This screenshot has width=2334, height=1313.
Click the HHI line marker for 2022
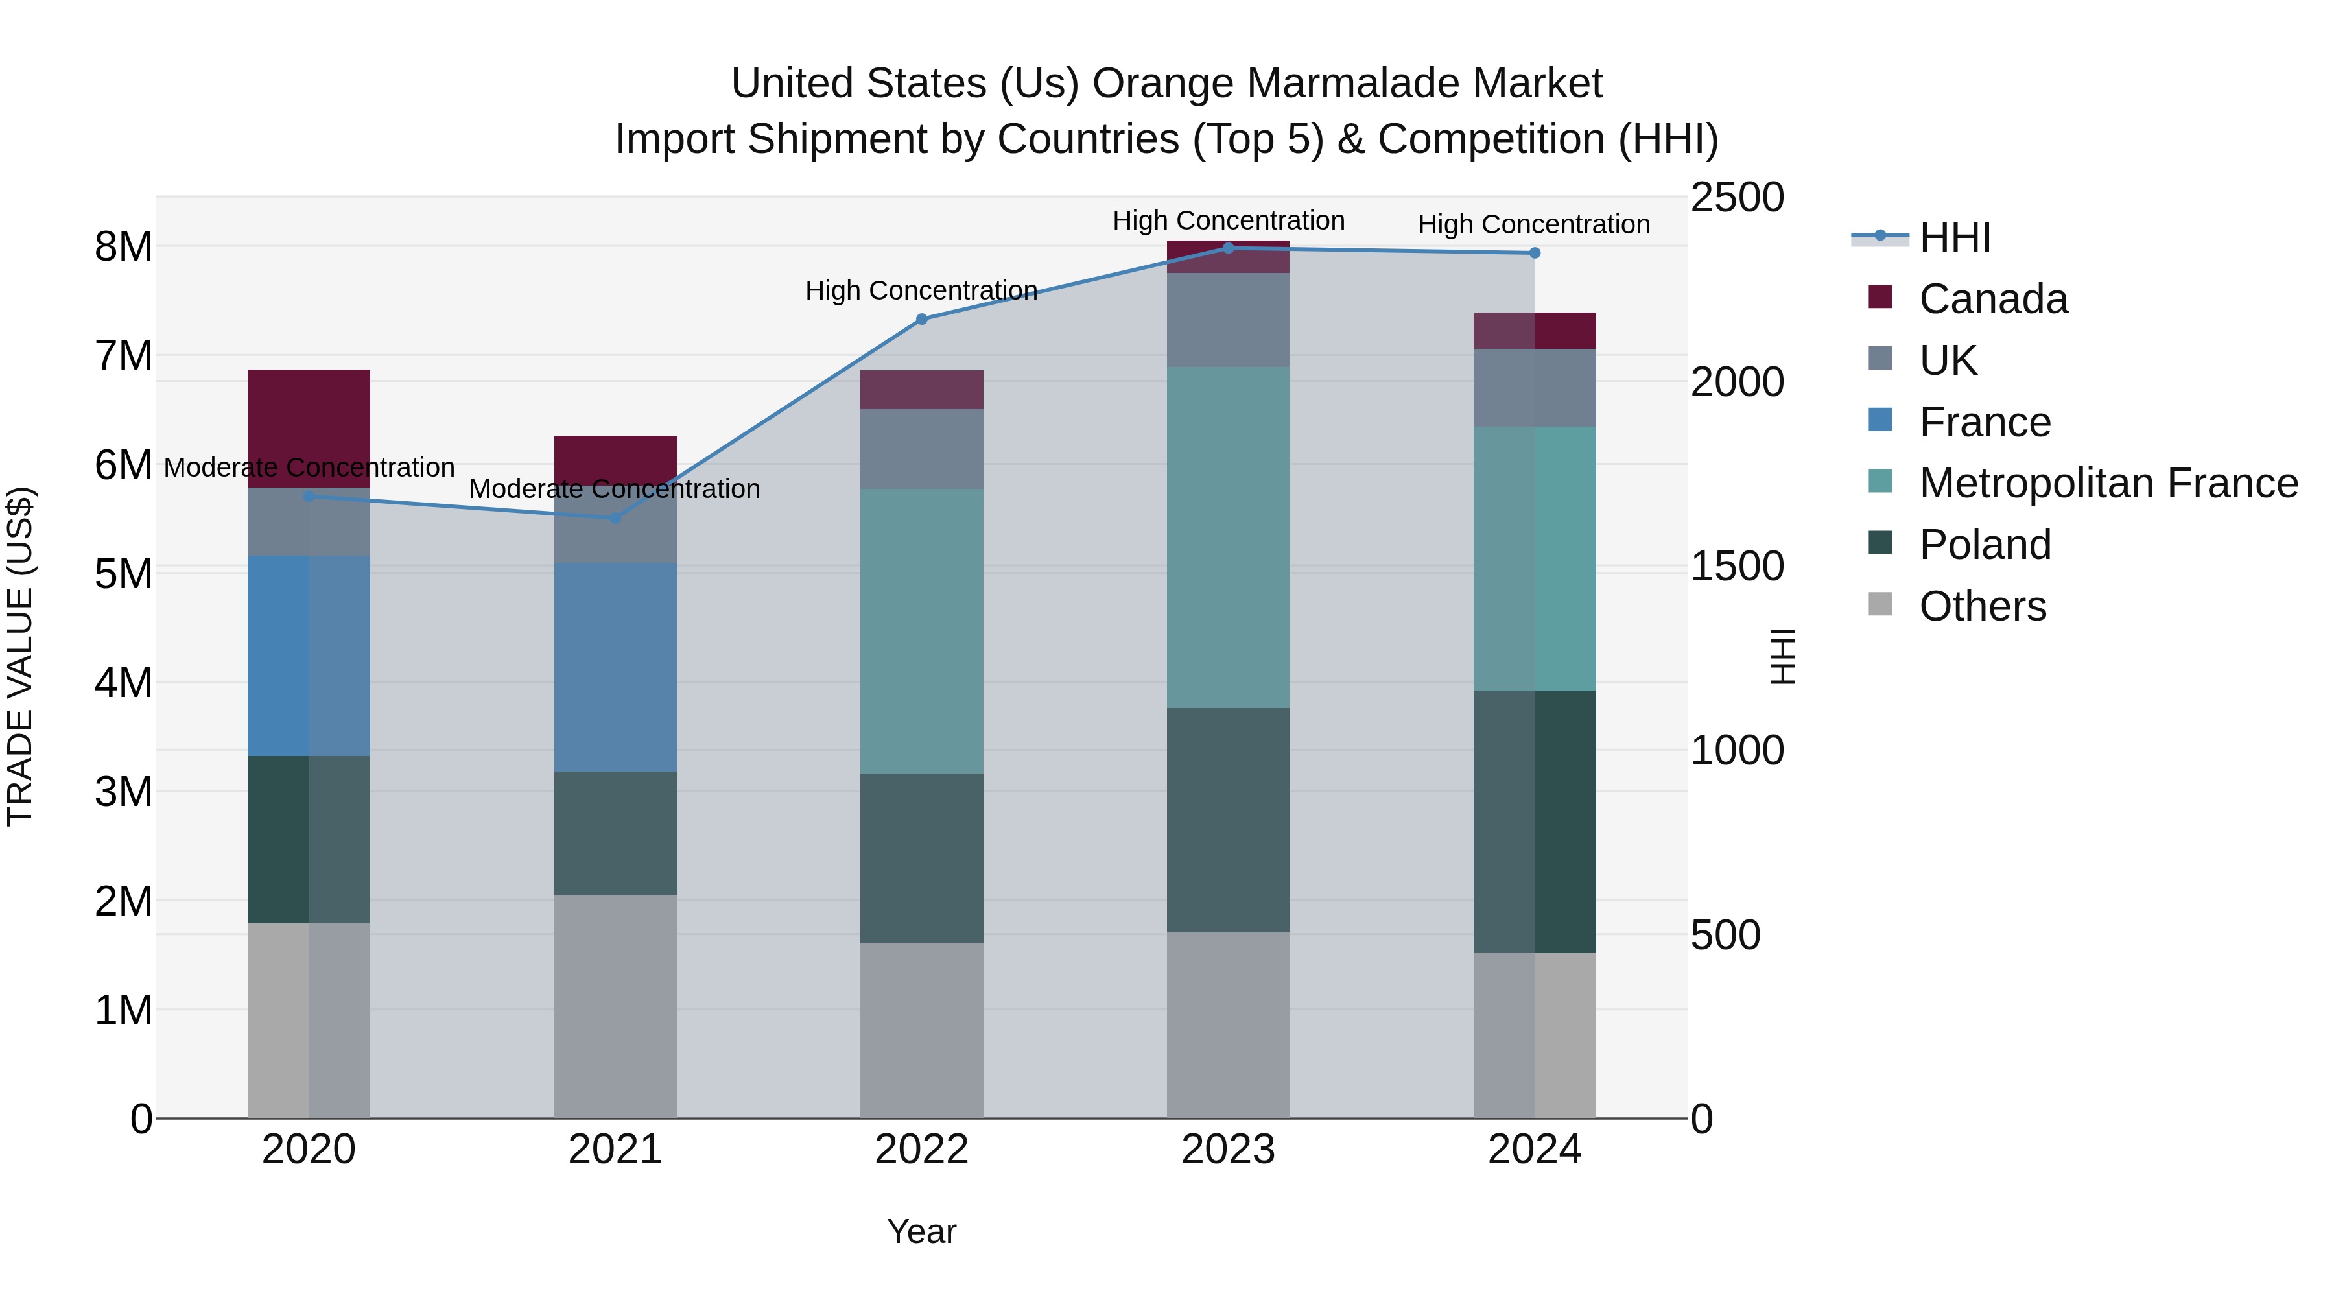point(921,319)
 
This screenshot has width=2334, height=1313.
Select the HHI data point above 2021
point(615,518)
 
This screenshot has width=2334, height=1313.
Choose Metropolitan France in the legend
point(2108,483)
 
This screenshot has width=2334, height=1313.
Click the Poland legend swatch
point(1880,544)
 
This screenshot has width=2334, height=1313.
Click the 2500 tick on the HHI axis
point(1737,198)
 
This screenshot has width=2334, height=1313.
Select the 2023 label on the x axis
point(1228,1150)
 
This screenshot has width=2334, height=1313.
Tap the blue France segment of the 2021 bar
point(615,667)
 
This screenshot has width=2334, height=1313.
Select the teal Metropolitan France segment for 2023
point(1228,538)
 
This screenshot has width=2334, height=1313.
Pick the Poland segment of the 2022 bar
point(921,857)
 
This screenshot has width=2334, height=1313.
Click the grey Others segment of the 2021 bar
point(615,1006)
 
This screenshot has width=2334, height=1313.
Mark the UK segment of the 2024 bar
point(1534,388)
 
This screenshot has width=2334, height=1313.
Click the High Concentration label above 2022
point(921,291)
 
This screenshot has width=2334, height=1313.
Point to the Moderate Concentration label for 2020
point(309,467)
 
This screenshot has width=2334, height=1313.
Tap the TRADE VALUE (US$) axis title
point(20,656)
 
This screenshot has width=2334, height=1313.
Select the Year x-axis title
point(921,1231)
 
